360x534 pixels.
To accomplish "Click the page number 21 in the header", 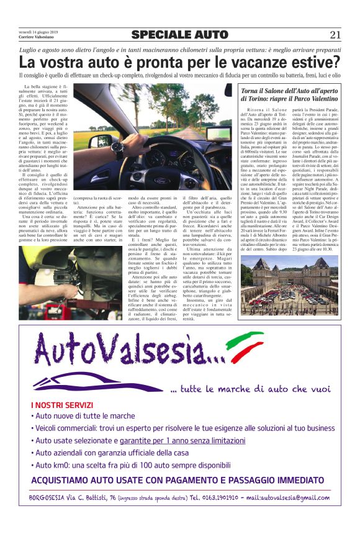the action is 335,35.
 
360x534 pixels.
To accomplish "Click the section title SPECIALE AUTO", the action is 179,35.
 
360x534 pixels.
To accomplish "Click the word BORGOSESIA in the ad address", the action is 47,497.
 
